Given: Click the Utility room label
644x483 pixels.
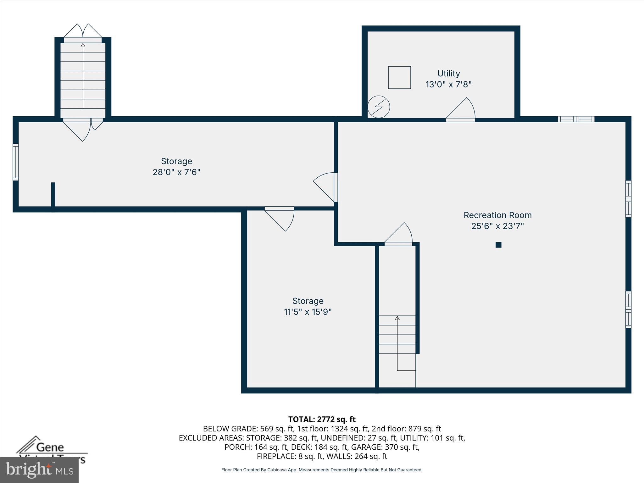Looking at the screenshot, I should pyautogui.click(x=448, y=74).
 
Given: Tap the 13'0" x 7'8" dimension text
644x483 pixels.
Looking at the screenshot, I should pyautogui.click(x=448, y=85).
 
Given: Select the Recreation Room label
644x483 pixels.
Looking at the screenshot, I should pyautogui.click(x=497, y=215).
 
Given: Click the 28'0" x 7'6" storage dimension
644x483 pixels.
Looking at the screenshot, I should pyautogui.click(x=176, y=172).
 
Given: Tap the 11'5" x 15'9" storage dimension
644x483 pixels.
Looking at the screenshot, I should pyautogui.click(x=308, y=312).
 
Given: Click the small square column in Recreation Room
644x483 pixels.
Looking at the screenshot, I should pyautogui.click(x=498, y=245).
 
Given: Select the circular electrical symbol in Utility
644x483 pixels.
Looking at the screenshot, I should pyautogui.click(x=379, y=107).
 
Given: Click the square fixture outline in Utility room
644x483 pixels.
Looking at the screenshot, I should pyautogui.click(x=399, y=77).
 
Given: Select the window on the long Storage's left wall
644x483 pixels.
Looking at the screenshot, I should pyautogui.click(x=15, y=162).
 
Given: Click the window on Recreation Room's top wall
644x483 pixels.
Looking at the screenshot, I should pyautogui.click(x=576, y=119).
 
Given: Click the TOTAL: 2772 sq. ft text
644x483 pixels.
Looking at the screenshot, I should pyautogui.click(x=322, y=419).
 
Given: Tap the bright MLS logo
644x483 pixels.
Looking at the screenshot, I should pyautogui.click(x=39, y=470).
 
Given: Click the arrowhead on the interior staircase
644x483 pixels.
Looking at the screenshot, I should pyautogui.click(x=397, y=318).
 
